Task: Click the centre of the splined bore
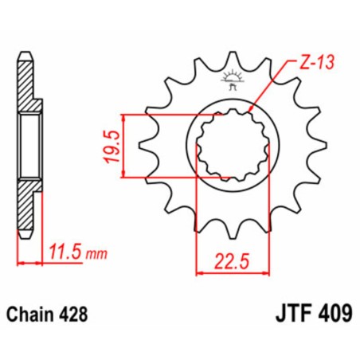(x=233, y=145)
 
